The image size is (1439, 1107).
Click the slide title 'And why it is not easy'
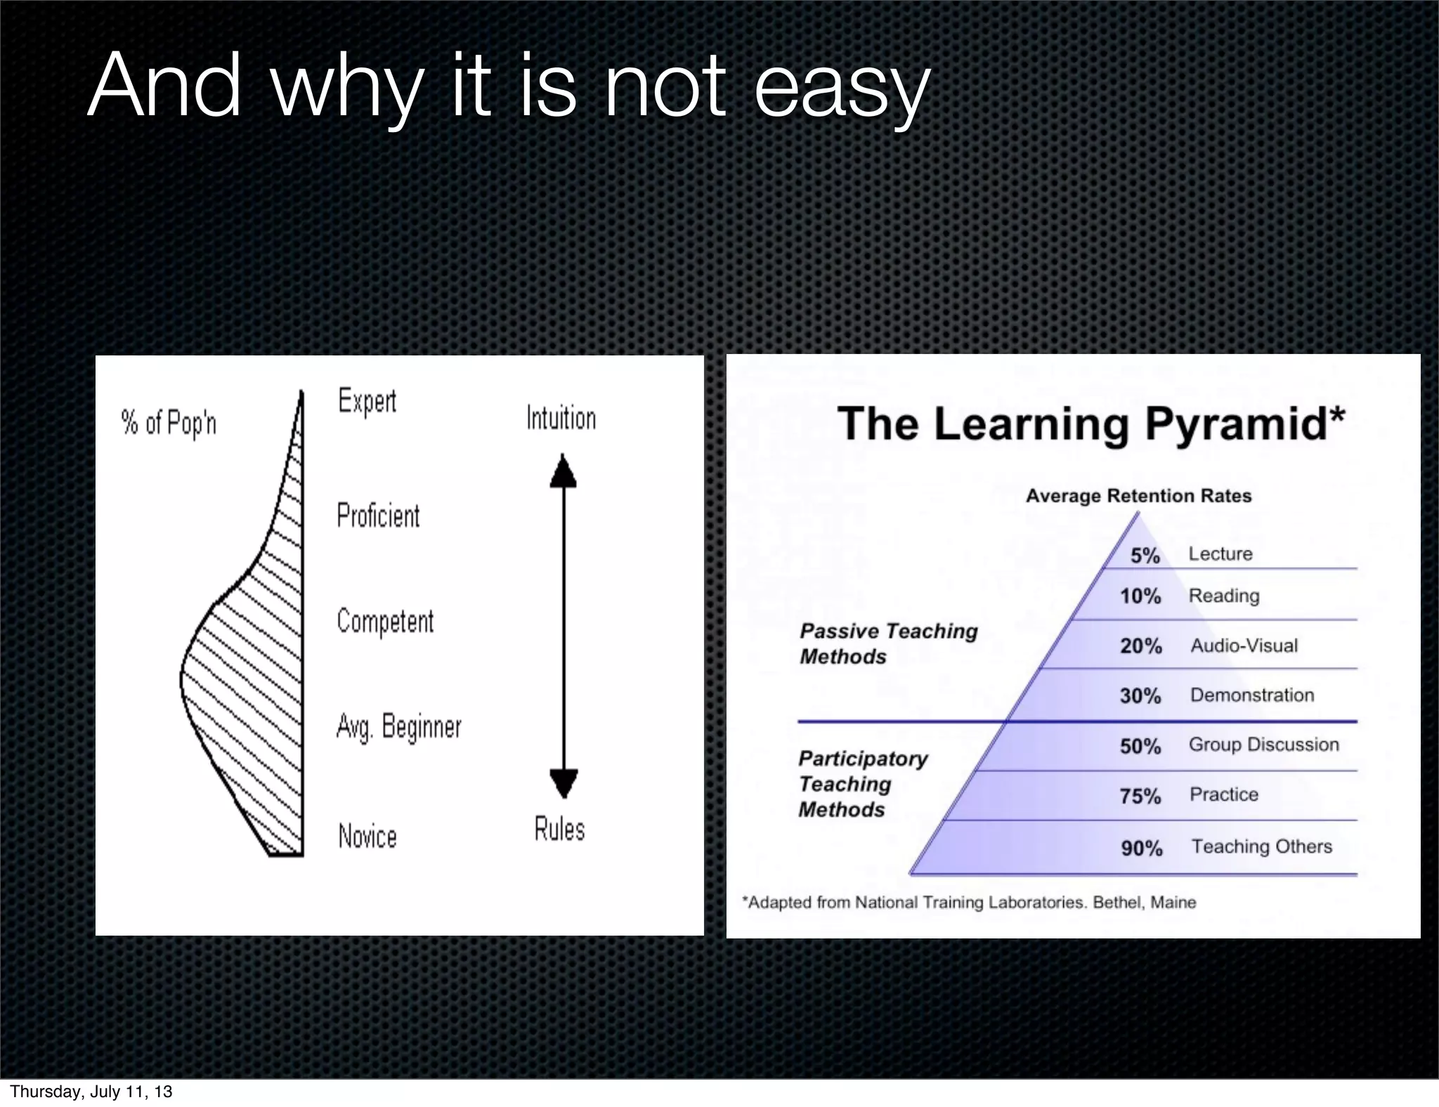(x=509, y=87)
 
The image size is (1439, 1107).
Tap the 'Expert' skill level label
(x=367, y=401)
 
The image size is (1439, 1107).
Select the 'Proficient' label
(x=378, y=516)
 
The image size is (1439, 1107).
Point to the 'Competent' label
(x=385, y=622)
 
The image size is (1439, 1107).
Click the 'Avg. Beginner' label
(x=398, y=727)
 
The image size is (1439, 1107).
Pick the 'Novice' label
(x=367, y=837)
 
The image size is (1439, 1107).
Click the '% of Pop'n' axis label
(x=169, y=423)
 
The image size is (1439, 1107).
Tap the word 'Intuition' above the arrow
(x=561, y=419)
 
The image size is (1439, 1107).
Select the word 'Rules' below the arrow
(x=559, y=830)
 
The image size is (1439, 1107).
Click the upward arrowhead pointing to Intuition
(x=563, y=472)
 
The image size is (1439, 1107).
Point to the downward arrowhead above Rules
(x=563, y=782)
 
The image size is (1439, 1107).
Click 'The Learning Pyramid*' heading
(x=1090, y=424)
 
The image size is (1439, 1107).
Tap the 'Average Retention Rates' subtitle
(x=1138, y=496)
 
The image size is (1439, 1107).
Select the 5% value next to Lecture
(x=1145, y=556)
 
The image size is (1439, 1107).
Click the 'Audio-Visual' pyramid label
(x=1244, y=646)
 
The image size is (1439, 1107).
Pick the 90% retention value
(x=1141, y=849)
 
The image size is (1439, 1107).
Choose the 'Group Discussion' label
(x=1263, y=745)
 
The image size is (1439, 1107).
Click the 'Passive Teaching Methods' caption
(x=888, y=643)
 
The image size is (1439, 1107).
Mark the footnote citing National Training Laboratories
(x=969, y=903)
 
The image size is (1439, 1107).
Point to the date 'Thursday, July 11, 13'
(x=91, y=1092)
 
